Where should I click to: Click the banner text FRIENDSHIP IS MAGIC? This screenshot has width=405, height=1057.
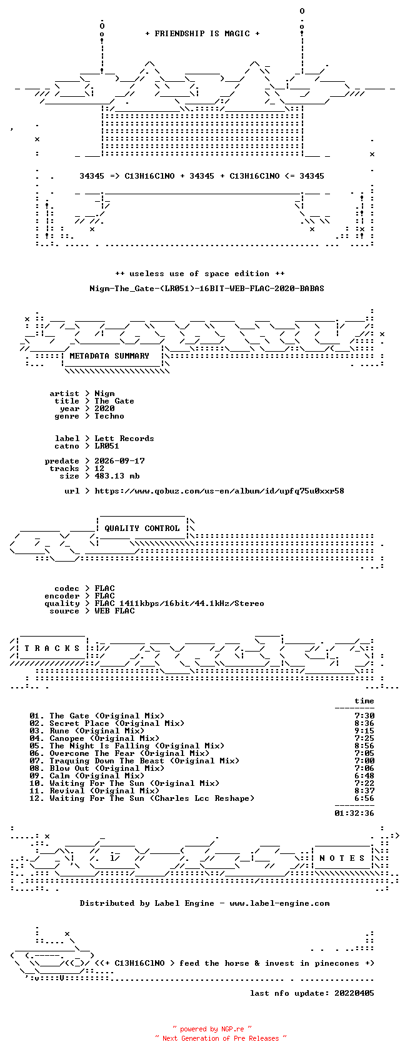click(x=202, y=34)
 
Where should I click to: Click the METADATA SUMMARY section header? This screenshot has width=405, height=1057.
click(x=109, y=356)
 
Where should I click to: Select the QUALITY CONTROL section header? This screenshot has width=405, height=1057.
click(x=142, y=528)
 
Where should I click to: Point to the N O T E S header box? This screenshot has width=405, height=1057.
click(x=342, y=858)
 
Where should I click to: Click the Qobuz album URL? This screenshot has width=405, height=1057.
click(x=219, y=491)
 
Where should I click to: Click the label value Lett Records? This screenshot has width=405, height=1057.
click(x=124, y=439)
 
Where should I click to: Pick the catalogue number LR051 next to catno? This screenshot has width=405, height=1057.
click(x=107, y=447)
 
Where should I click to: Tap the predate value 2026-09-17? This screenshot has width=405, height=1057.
click(x=119, y=461)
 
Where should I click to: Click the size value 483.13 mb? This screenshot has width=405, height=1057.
click(x=117, y=476)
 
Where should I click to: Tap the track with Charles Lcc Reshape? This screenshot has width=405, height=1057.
click(x=152, y=798)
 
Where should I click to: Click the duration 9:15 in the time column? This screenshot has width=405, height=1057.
click(x=364, y=731)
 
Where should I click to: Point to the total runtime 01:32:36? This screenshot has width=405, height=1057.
click(x=354, y=813)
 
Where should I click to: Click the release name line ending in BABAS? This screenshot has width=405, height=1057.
click(x=207, y=289)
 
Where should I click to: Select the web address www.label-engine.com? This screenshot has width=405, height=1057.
click(x=279, y=904)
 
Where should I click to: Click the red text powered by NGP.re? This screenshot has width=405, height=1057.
click(x=212, y=1029)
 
